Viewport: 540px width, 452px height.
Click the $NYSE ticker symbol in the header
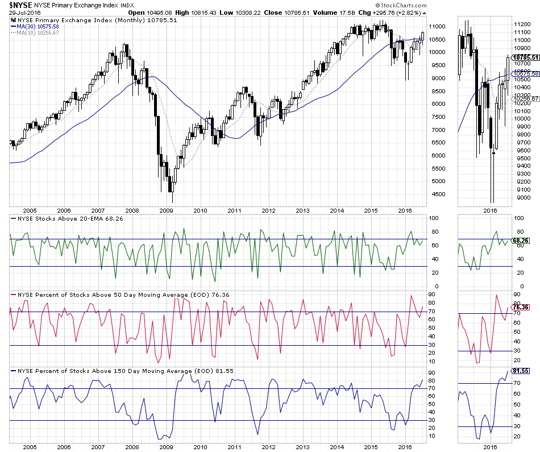click(19, 5)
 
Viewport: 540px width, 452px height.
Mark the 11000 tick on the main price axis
click(437, 26)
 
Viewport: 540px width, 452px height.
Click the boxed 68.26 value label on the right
click(521, 240)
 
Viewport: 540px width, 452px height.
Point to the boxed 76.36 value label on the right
click(521, 308)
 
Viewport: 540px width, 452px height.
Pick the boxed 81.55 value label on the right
click(521, 371)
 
